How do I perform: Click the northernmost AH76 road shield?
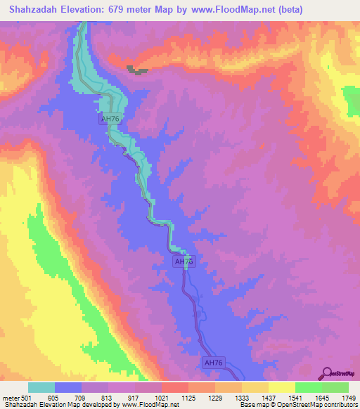tap(110, 119)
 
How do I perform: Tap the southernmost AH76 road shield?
tap(212, 363)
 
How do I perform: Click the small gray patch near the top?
tap(137, 70)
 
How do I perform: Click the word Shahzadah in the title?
tap(32, 9)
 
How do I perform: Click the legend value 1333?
tap(242, 398)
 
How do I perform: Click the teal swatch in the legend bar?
tap(41, 387)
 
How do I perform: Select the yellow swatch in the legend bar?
tap(282, 387)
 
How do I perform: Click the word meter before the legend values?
tap(9, 398)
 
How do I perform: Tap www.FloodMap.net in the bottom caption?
tap(149, 405)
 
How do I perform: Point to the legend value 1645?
tap(321, 398)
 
